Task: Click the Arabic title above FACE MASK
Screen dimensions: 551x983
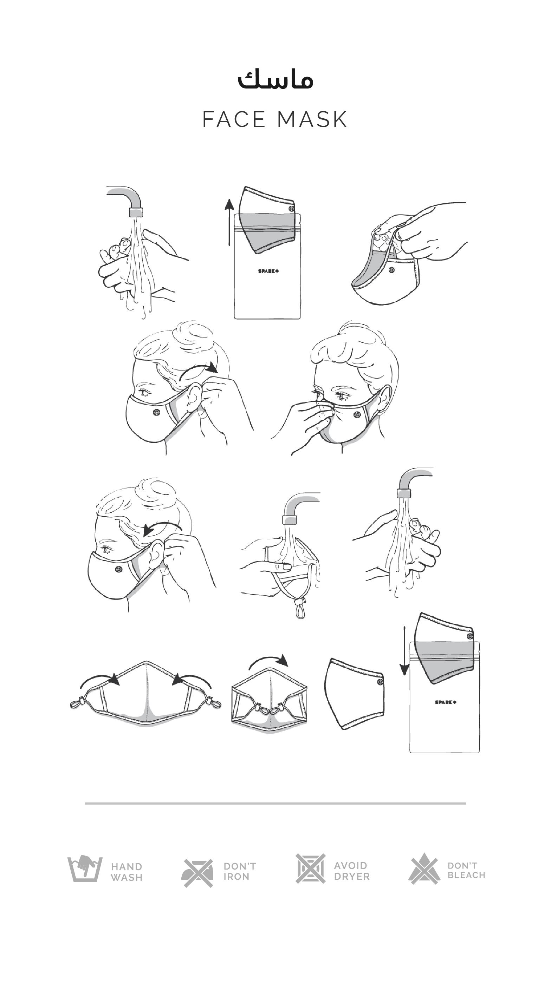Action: [x=275, y=80]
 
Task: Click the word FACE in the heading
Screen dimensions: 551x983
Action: [x=234, y=119]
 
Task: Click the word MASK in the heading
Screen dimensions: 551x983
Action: [x=312, y=119]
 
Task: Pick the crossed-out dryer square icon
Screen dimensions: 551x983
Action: [x=310, y=869]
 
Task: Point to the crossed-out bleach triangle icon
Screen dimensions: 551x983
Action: [x=424, y=869]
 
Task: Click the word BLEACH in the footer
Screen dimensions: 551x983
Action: [x=466, y=875]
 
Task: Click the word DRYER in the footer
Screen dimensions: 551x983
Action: [x=352, y=877]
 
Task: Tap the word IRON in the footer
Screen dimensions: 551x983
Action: [x=236, y=877]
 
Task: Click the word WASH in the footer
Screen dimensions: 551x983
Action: [x=127, y=878]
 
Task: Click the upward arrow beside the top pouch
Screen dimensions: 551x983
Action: [x=229, y=222]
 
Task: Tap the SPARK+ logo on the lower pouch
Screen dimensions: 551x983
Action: [x=446, y=702]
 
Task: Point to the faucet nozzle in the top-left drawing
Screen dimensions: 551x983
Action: [x=136, y=212]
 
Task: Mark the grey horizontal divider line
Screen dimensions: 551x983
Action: [x=275, y=803]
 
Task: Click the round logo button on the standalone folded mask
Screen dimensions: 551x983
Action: [x=380, y=682]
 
